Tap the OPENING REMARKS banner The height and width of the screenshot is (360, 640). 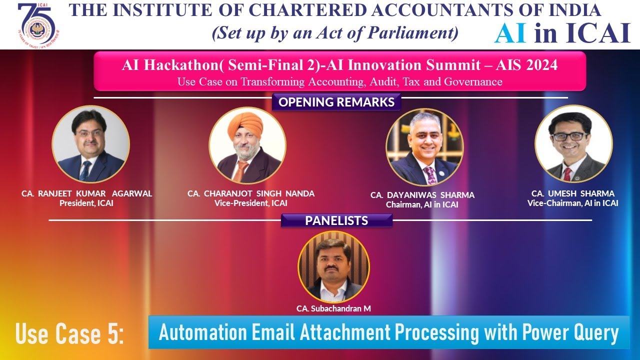(x=336, y=102)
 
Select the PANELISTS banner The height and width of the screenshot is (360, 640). (x=336, y=220)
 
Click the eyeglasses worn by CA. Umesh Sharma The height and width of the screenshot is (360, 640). (x=569, y=136)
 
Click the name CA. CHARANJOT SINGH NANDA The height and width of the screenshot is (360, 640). (x=251, y=194)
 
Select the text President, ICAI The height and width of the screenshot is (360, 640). (x=86, y=203)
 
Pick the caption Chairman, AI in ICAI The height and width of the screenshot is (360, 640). (x=422, y=204)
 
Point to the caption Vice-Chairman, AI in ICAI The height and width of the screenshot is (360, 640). (x=572, y=203)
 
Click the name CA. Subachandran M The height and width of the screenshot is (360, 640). (x=333, y=308)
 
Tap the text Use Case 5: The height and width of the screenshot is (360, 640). (x=69, y=333)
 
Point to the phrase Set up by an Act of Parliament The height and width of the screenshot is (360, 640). (x=335, y=33)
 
